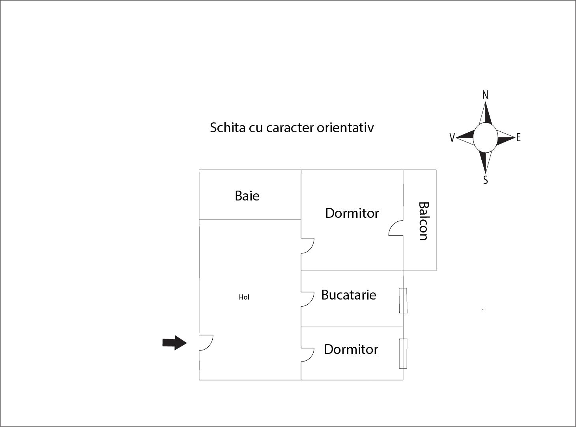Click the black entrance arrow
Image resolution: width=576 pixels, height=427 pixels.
(174, 343)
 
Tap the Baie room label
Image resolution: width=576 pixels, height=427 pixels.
(247, 196)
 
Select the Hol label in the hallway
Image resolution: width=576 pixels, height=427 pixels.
(244, 297)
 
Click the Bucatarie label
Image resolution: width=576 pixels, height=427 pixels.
(348, 295)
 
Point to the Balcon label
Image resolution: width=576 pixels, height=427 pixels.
(423, 221)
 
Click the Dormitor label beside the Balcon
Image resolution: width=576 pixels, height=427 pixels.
(352, 213)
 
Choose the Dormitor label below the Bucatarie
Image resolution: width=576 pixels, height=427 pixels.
(351, 350)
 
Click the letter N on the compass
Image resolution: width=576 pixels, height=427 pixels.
(485, 95)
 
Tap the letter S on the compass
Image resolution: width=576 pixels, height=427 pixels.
(485, 180)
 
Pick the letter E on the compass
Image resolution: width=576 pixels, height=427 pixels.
(518, 137)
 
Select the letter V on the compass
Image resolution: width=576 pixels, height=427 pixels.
(452, 138)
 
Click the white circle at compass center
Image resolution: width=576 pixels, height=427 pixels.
(485, 137)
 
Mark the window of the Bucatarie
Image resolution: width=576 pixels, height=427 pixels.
(403, 300)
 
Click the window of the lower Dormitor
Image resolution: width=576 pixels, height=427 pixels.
(403, 354)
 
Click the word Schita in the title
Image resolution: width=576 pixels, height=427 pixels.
(228, 127)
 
